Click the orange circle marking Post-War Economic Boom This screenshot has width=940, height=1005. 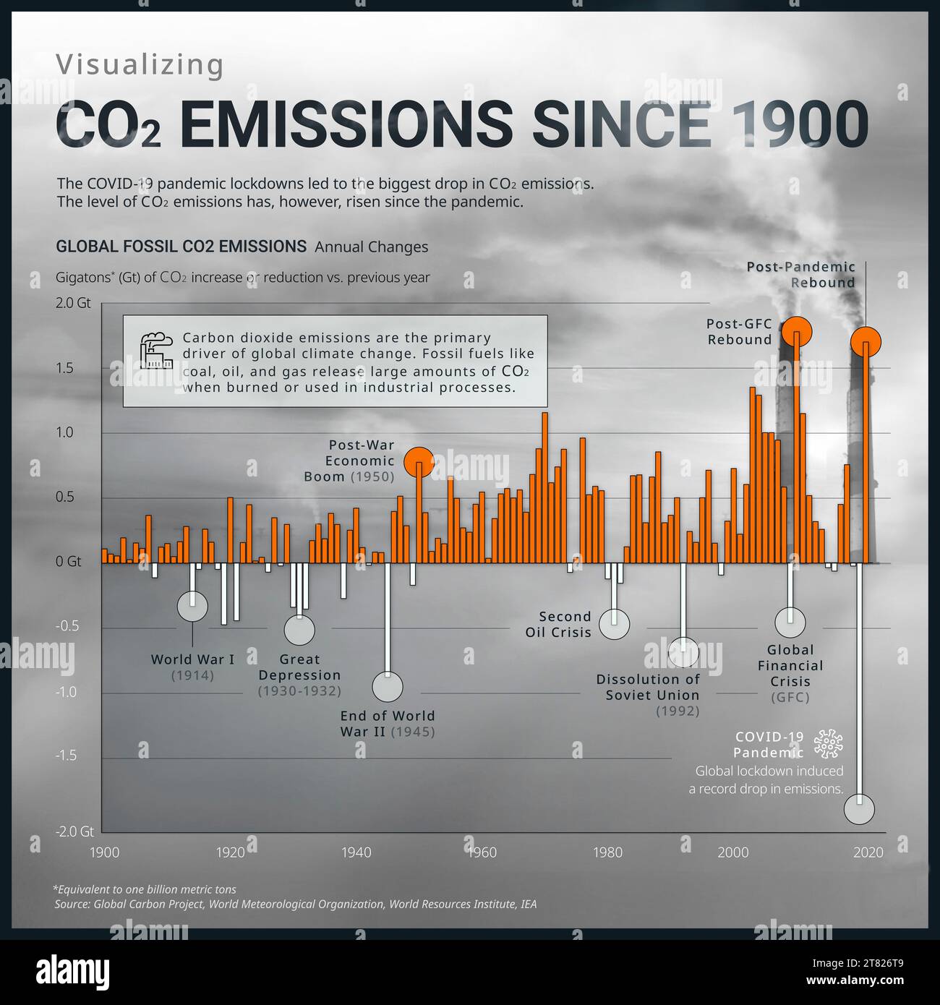[x=419, y=461]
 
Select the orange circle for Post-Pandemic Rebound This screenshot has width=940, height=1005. [x=866, y=341]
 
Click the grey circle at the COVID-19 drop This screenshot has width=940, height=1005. [x=859, y=810]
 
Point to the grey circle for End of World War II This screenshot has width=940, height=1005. [x=388, y=687]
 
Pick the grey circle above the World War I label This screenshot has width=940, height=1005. [x=192, y=607]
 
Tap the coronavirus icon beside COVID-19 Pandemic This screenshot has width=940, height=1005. [x=829, y=744]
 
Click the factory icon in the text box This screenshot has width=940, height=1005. [x=156, y=351]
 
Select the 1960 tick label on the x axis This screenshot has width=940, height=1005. [x=482, y=852]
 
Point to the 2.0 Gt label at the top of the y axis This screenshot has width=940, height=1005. [x=74, y=303]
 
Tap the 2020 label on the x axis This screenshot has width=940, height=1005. [x=868, y=852]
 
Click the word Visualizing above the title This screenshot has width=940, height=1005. [x=140, y=65]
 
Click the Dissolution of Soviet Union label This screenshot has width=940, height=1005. [x=648, y=688]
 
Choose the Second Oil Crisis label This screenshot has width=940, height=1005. [x=558, y=625]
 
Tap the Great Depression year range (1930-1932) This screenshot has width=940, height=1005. [x=299, y=691]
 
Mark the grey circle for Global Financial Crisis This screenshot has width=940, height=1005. [x=790, y=622]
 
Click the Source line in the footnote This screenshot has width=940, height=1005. [x=295, y=904]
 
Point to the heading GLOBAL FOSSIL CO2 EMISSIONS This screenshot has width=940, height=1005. [x=181, y=247]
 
